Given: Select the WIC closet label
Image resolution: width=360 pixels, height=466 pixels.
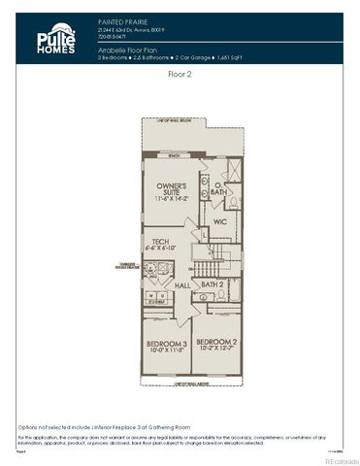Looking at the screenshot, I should point(219,221).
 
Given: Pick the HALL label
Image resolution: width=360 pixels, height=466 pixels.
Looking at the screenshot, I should point(182,285).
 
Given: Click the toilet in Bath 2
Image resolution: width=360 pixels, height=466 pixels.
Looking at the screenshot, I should point(221,293).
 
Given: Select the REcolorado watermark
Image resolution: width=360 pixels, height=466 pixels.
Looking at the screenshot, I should point(335,460).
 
